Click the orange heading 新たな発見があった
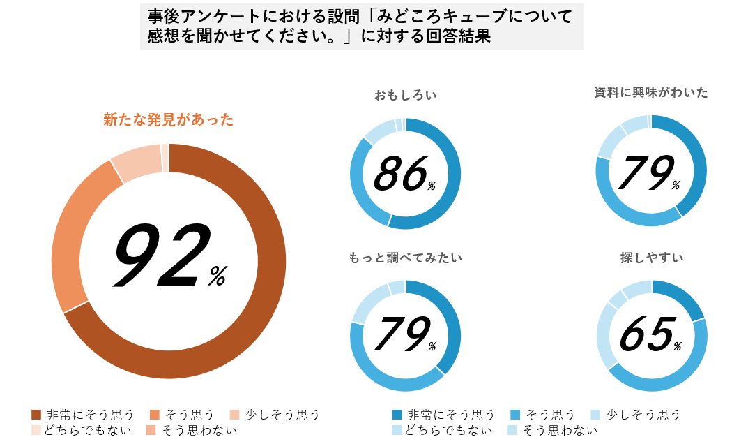pyautogui.click(x=169, y=120)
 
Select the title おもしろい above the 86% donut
pyautogui.click(x=405, y=96)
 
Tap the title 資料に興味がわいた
pyautogui.click(x=651, y=93)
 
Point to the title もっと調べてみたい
pyautogui.click(x=405, y=258)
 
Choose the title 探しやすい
pyautogui.click(x=651, y=258)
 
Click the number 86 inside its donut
pyautogui.click(x=399, y=174)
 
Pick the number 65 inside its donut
pyautogui.click(x=646, y=334)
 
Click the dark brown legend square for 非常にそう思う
pyautogui.click(x=36, y=415)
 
